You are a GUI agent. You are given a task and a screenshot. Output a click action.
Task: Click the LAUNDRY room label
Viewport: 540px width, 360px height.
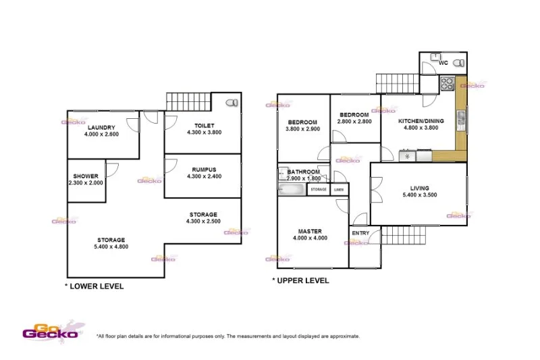click(x=101, y=127)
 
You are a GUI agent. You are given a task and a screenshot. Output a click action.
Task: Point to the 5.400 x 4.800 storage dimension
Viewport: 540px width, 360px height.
click(x=111, y=247)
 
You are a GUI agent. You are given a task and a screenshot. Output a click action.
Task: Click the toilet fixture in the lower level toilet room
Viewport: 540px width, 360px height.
click(x=232, y=103)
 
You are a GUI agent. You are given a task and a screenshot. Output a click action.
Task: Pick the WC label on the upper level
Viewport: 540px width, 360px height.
click(x=443, y=63)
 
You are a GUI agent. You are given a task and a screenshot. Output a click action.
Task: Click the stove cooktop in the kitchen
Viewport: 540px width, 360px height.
click(x=447, y=84)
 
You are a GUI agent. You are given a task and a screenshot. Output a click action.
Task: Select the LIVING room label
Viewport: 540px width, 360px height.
click(x=419, y=188)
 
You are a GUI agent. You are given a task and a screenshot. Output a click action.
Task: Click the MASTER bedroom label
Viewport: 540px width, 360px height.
click(x=310, y=231)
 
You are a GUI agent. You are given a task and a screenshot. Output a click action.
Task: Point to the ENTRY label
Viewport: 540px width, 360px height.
click(x=360, y=234)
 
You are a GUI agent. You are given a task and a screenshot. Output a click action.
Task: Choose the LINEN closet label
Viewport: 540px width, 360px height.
click(x=339, y=190)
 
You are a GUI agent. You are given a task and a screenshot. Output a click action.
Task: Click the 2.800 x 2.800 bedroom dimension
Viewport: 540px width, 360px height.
click(x=355, y=122)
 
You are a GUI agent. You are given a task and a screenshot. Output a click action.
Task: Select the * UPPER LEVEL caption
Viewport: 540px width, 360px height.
click(x=301, y=280)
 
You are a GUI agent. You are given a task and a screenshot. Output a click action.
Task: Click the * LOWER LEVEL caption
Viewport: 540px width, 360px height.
click(x=94, y=286)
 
